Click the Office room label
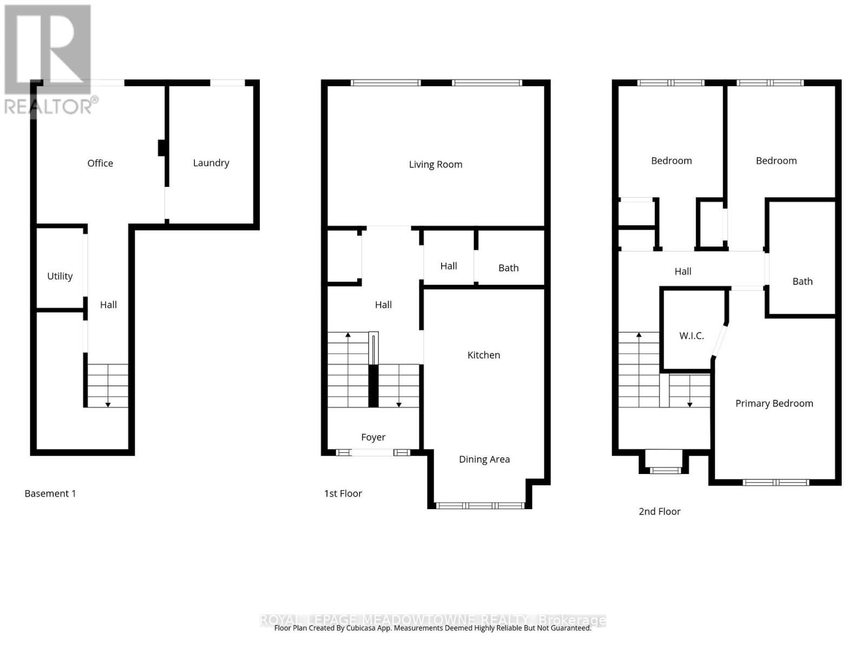coord(100,163)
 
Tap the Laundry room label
coord(211,162)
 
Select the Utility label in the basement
coord(60,276)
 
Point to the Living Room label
coord(435,164)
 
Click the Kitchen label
coord(483,355)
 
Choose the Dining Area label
coord(484,459)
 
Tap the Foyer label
coord(373,437)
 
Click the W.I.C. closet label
coord(691,335)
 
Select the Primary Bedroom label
coord(774,403)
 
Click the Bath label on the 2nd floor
coord(802,281)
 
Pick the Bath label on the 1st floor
coord(508,268)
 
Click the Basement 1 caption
coord(50,493)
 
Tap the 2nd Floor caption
coord(659,511)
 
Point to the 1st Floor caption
coord(343,493)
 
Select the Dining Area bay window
coord(480,505)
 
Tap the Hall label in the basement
coord(108,304)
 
